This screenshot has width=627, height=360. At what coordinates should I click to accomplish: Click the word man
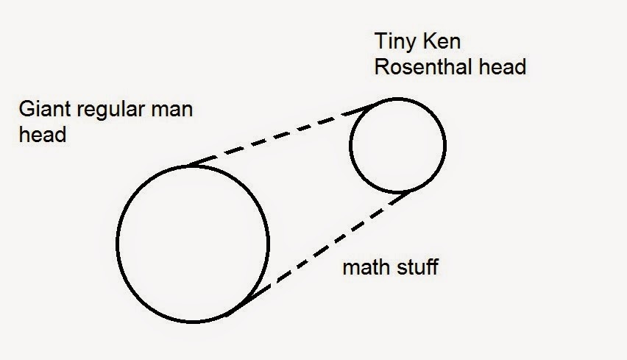coord(174,111)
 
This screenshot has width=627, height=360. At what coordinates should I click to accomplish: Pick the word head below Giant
coord(42,135)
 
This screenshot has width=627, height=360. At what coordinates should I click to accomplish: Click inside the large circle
coord(193,244)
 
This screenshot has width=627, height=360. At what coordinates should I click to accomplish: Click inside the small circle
coord(397,145)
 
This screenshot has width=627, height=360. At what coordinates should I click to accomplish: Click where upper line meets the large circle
coord(187,166)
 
